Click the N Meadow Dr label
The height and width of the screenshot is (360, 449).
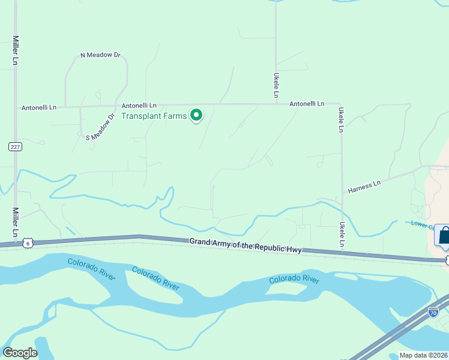point(100,55)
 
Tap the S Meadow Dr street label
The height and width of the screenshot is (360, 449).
point(100,127)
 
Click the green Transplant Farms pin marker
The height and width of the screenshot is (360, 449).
point(196,115)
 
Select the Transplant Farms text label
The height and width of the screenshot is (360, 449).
point(154,116)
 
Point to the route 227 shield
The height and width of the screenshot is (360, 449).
point(16,146)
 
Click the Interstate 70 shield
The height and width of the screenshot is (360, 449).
point(433,312)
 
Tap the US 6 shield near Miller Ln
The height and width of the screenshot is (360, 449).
point(27,242)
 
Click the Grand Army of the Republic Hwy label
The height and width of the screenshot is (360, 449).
point(246,245)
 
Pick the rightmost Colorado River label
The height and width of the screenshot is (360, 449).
point(294,279)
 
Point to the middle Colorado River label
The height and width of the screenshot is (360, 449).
point(156,278)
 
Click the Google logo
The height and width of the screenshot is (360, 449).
point(20,353)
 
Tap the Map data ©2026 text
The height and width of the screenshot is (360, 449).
point(424,355)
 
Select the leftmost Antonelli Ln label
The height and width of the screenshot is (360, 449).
point(39,108)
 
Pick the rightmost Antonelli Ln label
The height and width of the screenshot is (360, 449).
point(307,104)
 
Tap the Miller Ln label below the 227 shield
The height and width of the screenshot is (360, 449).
point(16,223)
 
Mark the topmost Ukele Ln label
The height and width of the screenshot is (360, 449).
point(276,86)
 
